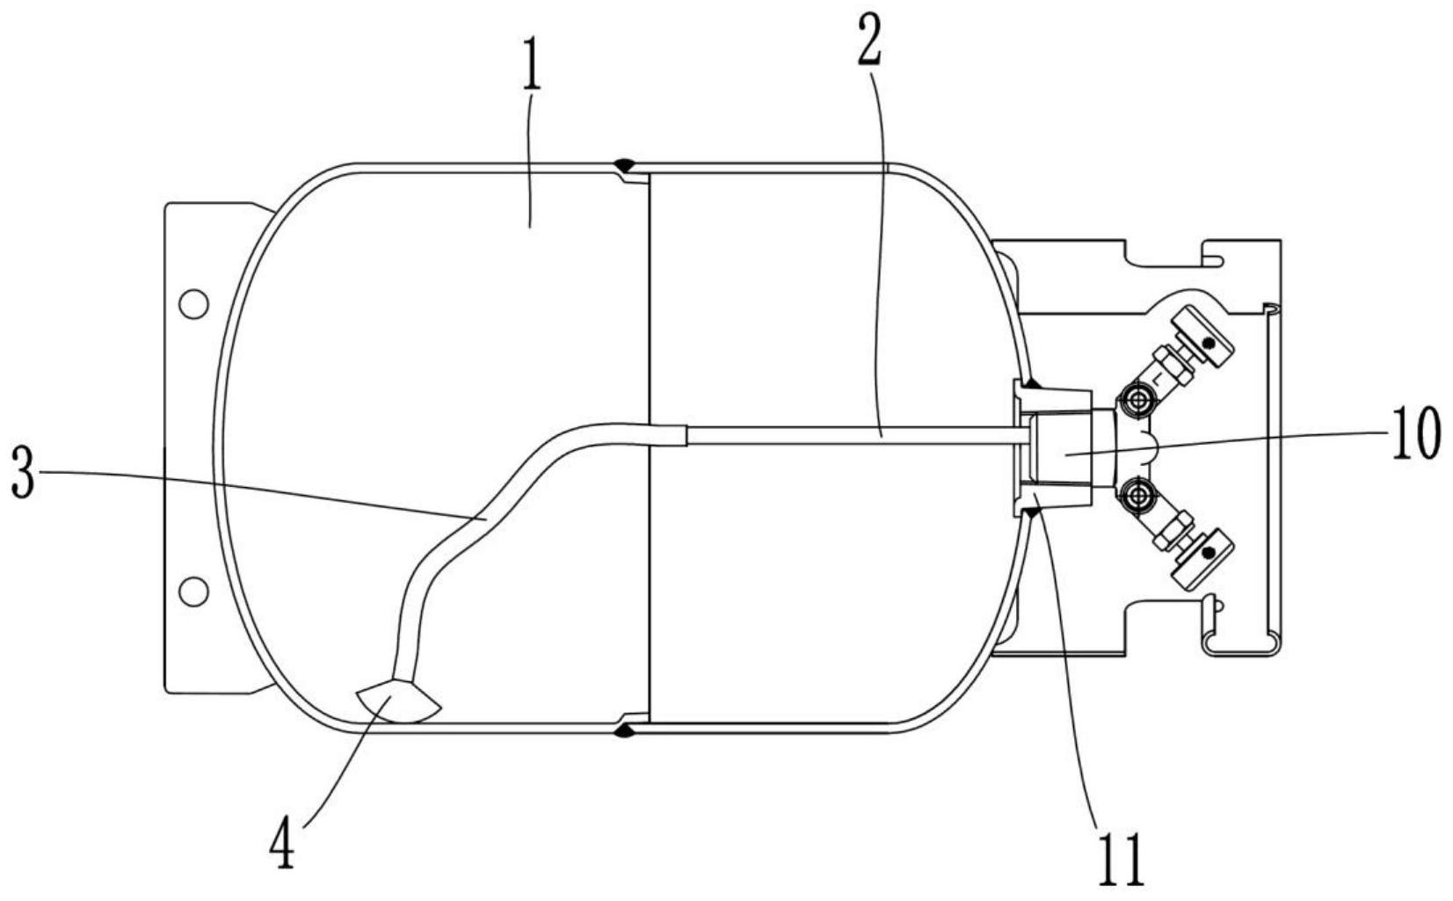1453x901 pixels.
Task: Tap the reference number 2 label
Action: (869, 40)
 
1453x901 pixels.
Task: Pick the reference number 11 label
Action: (1121, 860)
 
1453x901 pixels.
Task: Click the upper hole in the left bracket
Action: (193, 304)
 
